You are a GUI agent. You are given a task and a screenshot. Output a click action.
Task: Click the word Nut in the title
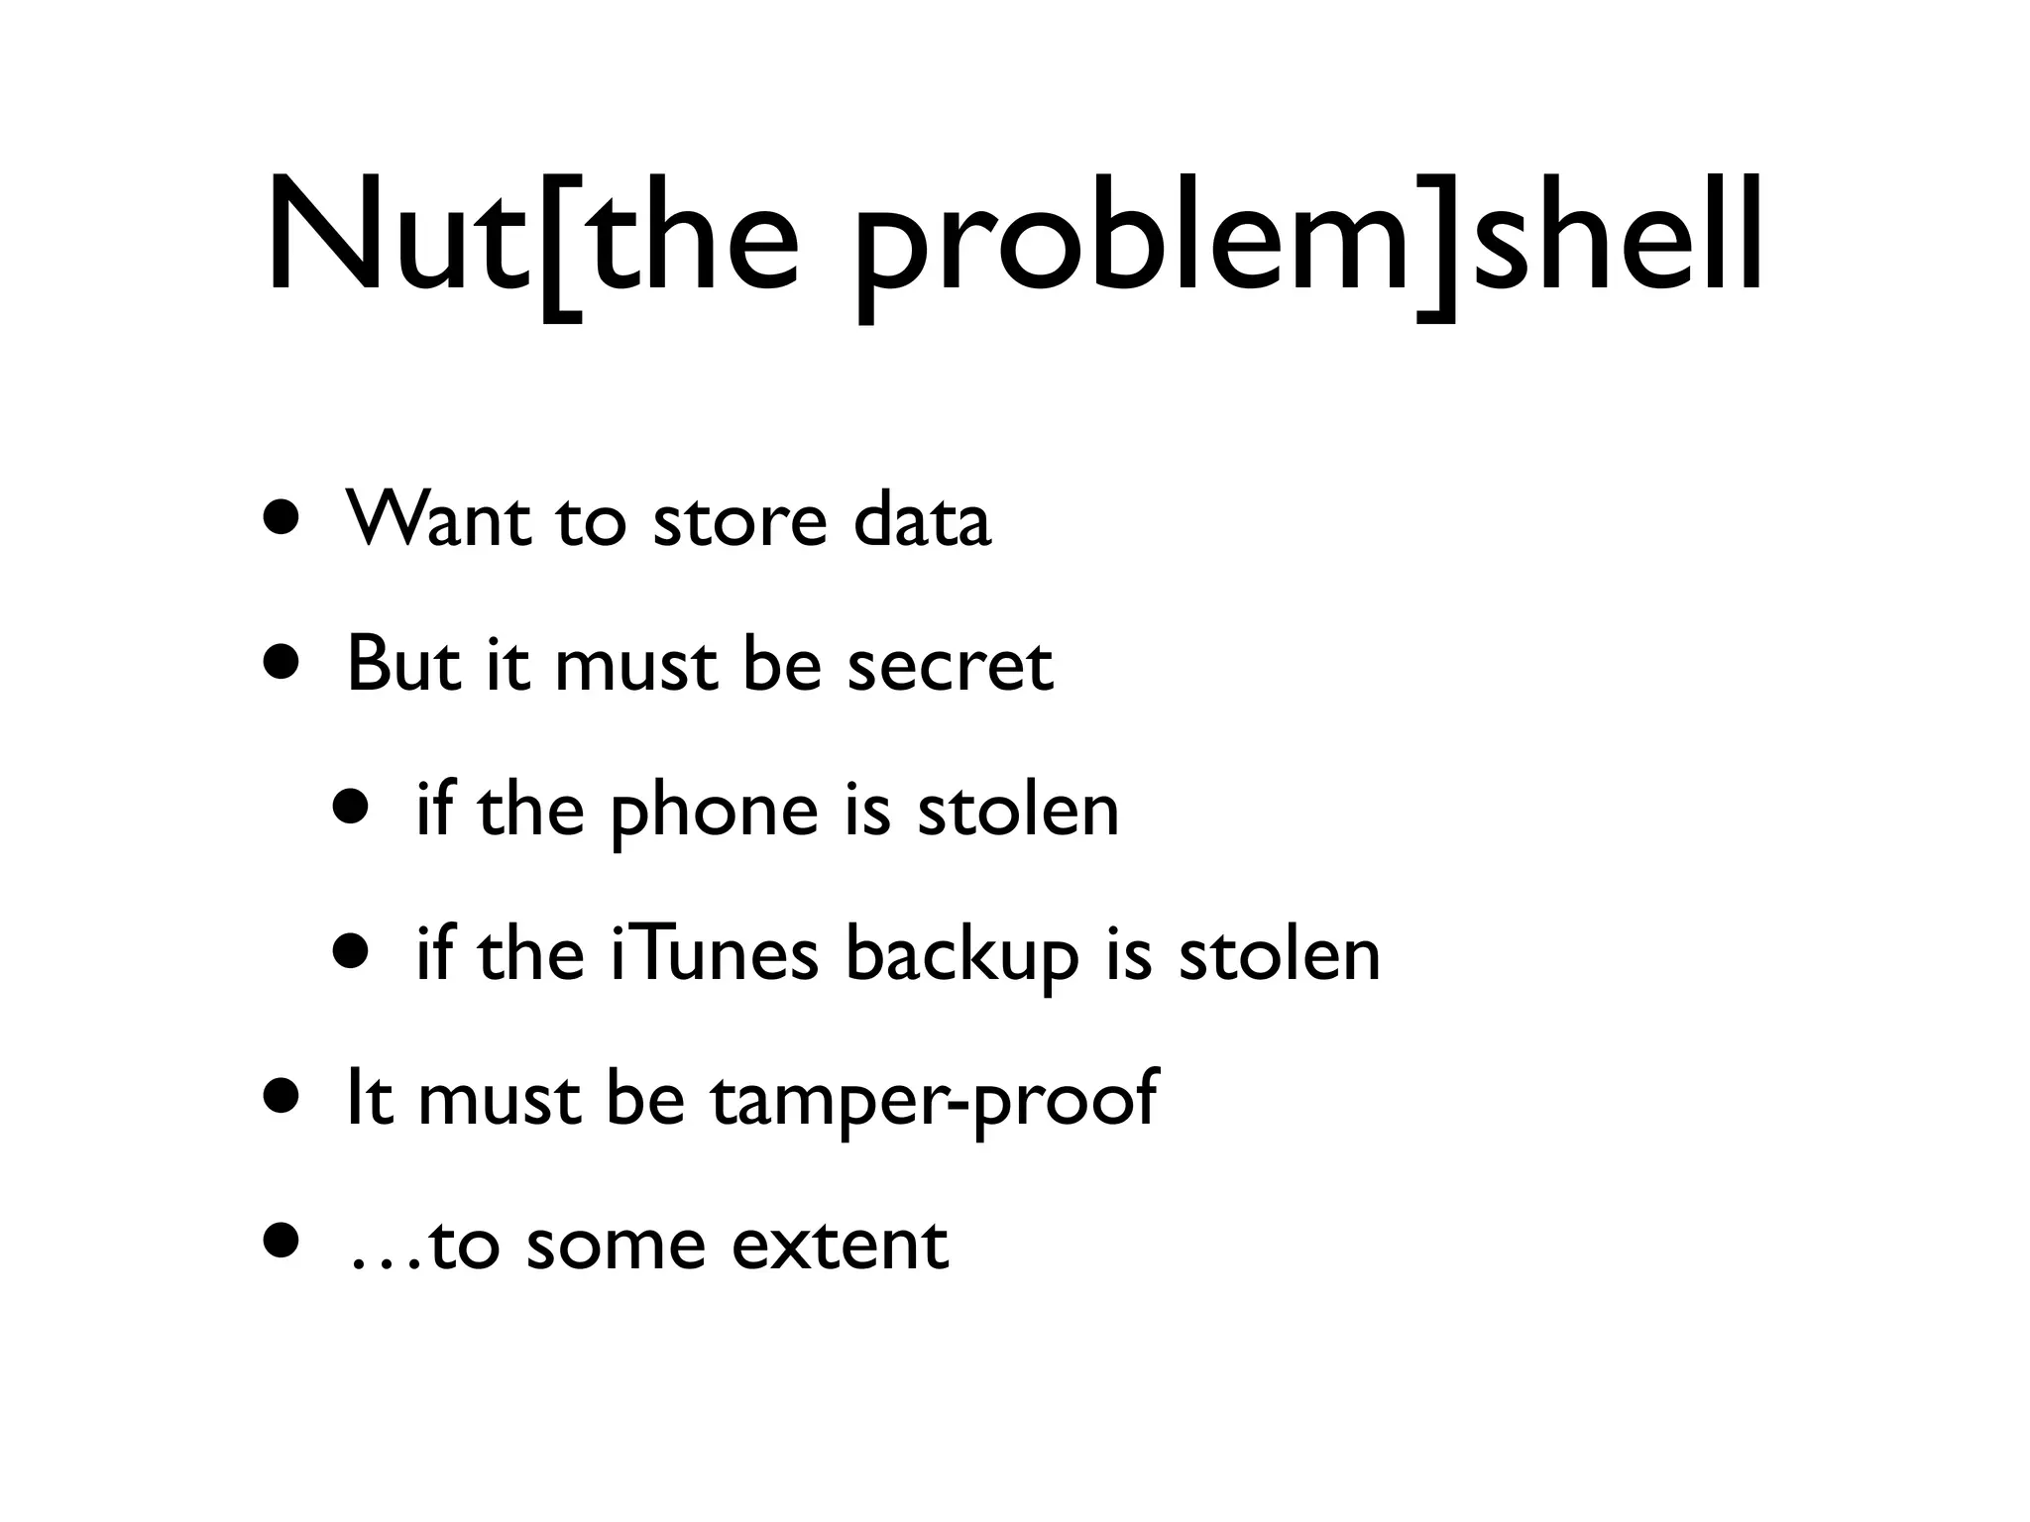coord(396,238)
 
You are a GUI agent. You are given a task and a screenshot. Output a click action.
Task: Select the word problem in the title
coord(1130,248)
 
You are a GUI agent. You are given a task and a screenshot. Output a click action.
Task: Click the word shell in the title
coord(1616,238)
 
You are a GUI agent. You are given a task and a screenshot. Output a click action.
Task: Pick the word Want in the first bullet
coord(437,519)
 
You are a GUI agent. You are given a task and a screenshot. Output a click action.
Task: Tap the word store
coord(739,521)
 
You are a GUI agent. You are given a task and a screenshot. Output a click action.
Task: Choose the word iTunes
coord(715,955)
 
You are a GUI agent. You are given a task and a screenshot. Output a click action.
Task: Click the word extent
coord(840,1247)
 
